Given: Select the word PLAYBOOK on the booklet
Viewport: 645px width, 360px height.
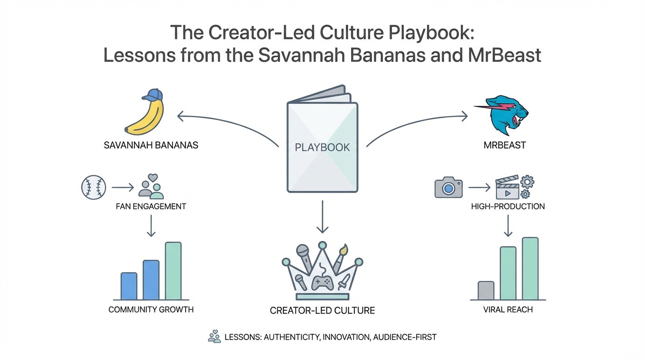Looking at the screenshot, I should pos(322,147).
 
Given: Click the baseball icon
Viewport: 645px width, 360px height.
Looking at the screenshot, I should pos(94,188).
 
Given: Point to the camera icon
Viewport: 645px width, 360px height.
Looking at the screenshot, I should pos(449,187).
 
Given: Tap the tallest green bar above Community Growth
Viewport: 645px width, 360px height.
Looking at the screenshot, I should pos(173,271).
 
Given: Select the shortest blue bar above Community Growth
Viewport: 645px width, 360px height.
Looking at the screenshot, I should pos(129,286).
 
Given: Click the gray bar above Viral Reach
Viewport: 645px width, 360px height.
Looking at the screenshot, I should pos(486,290).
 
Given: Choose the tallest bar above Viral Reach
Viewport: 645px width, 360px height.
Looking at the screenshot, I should pos(530,268).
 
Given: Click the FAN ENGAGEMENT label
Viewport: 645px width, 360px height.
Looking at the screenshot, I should pos(150,206).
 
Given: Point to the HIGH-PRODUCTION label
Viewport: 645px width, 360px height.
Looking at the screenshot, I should pos(508,206).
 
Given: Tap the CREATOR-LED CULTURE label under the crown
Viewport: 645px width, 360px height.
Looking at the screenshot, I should pos(322,310).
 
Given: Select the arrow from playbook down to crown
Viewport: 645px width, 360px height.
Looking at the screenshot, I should pos(322,216).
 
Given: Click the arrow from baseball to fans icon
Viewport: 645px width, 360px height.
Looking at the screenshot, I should pos(122,188).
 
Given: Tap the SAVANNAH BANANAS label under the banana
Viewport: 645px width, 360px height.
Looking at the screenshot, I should pos(151,145).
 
